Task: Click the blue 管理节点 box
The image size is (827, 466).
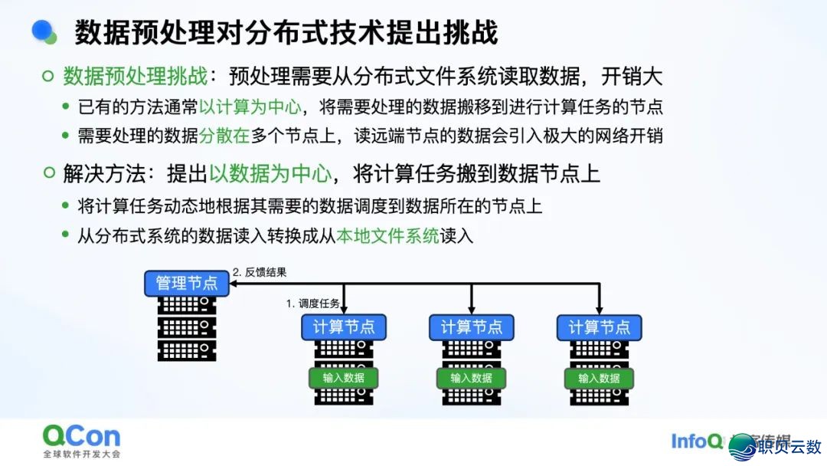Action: pos(187,283)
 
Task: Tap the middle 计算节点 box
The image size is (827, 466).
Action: pos(471,327)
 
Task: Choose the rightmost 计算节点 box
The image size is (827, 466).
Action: pos(599,327)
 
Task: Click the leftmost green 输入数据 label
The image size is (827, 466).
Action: pos(344,378)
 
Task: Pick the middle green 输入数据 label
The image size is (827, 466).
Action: pos(471,378)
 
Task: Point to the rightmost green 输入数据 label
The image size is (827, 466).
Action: pos(599,378)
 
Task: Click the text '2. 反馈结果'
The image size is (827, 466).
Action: pos(260,272)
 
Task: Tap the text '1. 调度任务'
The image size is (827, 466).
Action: pos(313,304)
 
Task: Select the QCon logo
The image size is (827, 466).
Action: pos(81,437)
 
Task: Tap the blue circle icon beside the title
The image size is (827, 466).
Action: pos(44,31)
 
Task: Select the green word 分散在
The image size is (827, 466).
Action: pos(224,136)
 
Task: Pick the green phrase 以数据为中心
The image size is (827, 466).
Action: pos(270,173)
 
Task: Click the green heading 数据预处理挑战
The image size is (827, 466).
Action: pos(135,76)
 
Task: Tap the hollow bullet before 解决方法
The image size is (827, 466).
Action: pos(48,173)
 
